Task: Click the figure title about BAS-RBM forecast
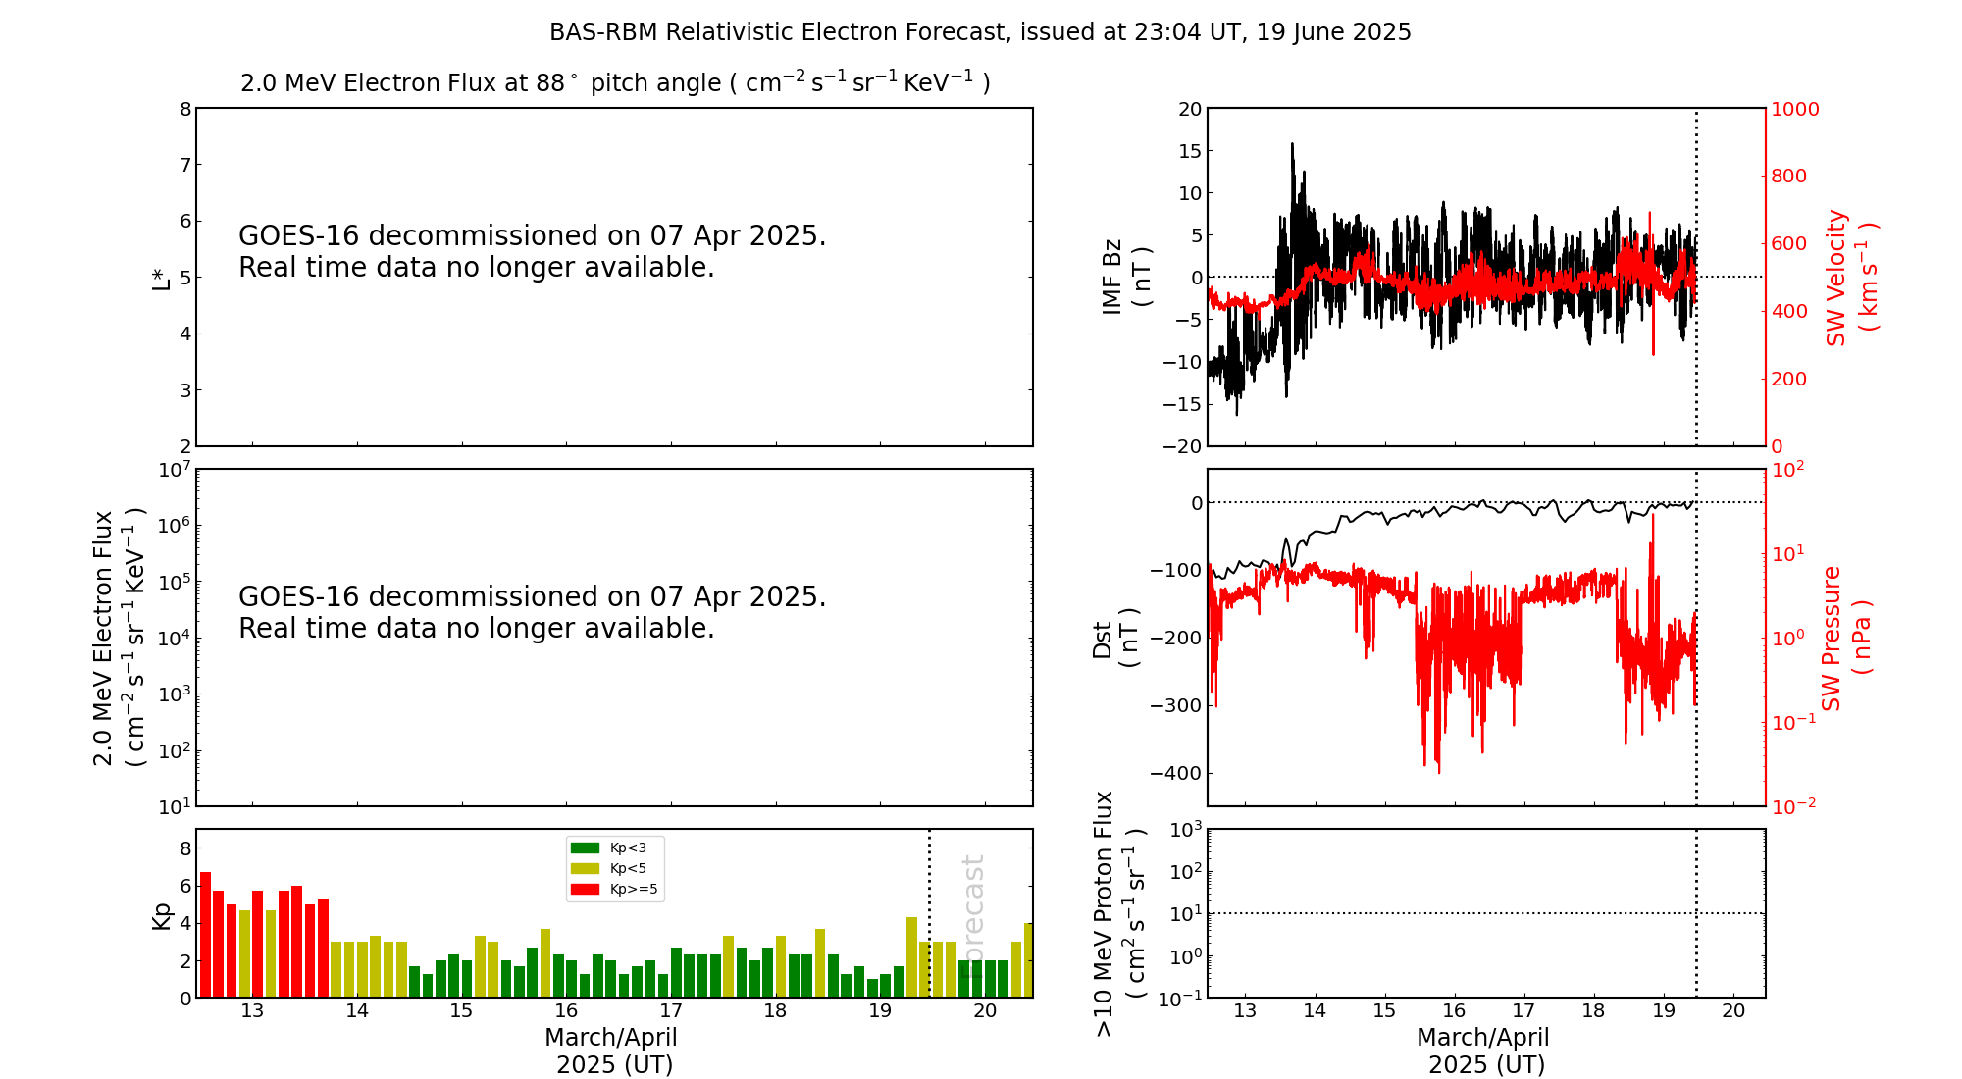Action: tap(980, 32)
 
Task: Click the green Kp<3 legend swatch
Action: tap(585, 848)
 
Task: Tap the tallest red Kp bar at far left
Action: tap(205, 934)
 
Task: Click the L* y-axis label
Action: tap(161, 278)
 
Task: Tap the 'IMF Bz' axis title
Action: tap(1125, 278)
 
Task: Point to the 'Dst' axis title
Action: tap(1114, 638)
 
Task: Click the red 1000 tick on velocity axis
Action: tap(1794, 109)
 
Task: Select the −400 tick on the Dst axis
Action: tap(1176, 773)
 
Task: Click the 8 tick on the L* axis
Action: tap(184, 109)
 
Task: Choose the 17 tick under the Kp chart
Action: tap(671, 1011)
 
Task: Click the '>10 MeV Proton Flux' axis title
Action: tap(1118, 913)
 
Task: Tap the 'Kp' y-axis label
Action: tap(161, 915)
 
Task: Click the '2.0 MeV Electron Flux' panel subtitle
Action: tap(615, 83)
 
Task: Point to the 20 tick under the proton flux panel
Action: tap(1733, 1011)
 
